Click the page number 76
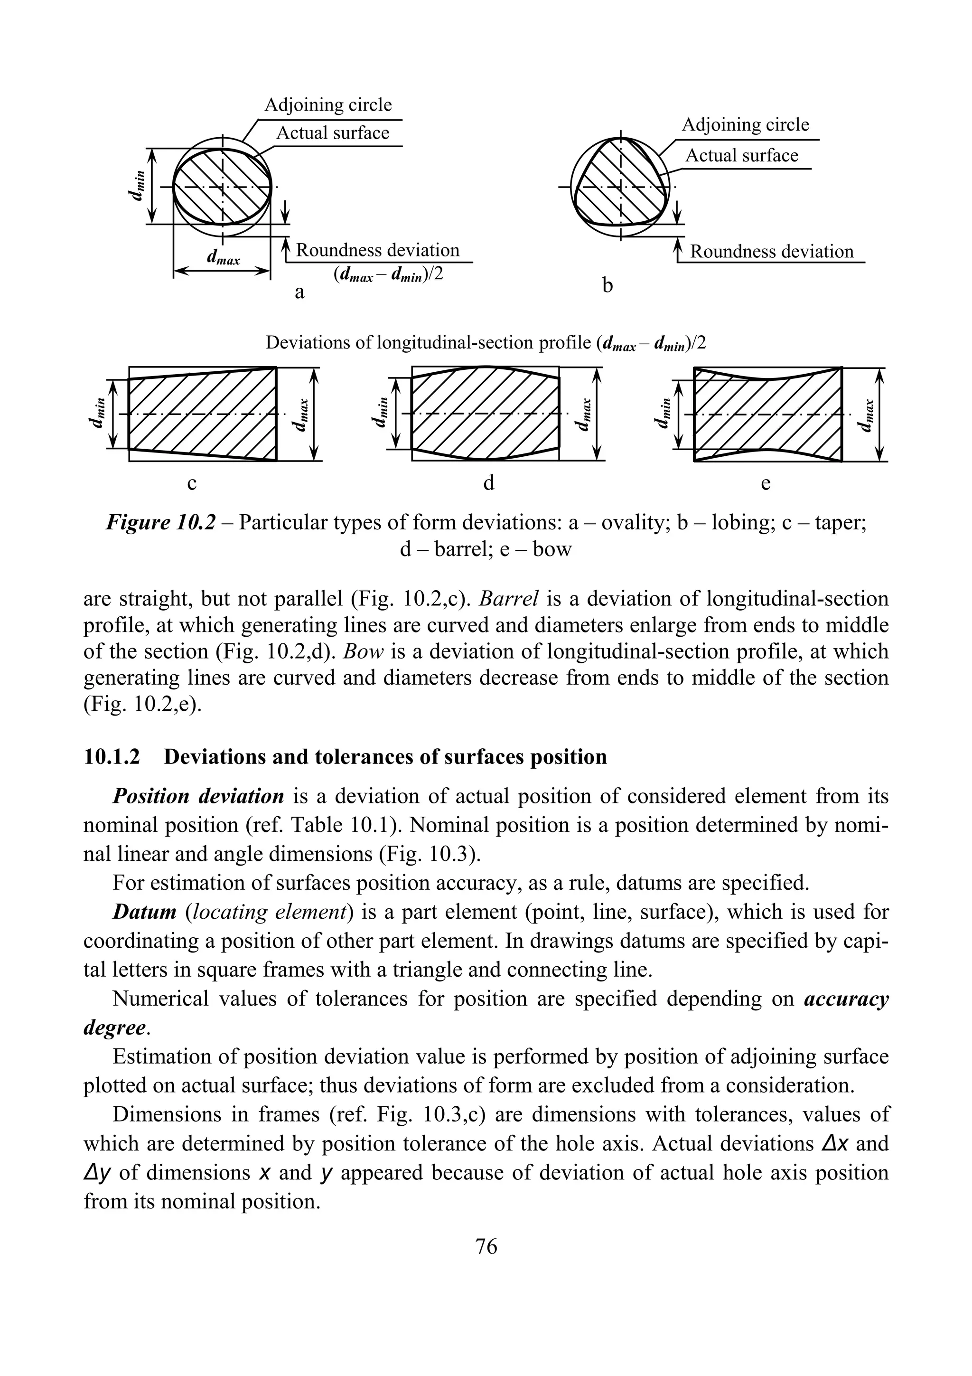[486, 1246]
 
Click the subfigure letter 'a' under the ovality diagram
[300, 293]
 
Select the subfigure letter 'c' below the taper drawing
[192, 483]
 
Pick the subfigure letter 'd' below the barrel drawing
[489, 483]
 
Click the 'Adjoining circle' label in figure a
[327, 105]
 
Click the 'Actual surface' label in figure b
[741, 156]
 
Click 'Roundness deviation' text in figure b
[771, 251]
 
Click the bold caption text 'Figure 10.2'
[160, 523]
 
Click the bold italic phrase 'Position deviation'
[197, 796]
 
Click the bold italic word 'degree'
[114, 1028]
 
